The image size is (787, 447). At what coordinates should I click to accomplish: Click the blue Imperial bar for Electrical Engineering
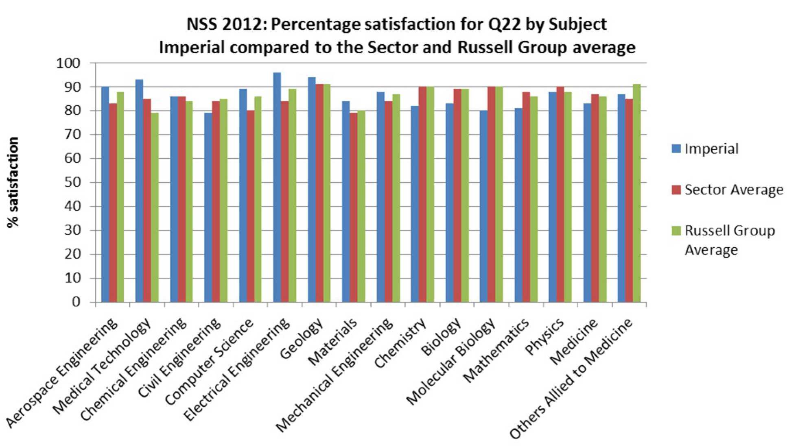[x=277, y=187]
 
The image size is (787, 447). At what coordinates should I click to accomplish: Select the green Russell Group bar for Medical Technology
[x=155, y=207]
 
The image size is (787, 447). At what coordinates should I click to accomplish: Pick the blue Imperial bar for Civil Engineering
[x=208, y=207]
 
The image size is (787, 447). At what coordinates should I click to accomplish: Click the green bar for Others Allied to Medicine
[x=636, y=193]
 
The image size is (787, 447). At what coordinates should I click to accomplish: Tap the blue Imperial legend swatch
[x=676, y=148]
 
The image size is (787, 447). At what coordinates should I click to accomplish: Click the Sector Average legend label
[x=733, y=190]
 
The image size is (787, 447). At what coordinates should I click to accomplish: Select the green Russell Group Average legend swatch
[x=676, y=231]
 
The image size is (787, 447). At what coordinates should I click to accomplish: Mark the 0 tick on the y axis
[x=76, y=302]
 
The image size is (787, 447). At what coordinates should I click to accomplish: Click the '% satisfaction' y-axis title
[x=13, y=182]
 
